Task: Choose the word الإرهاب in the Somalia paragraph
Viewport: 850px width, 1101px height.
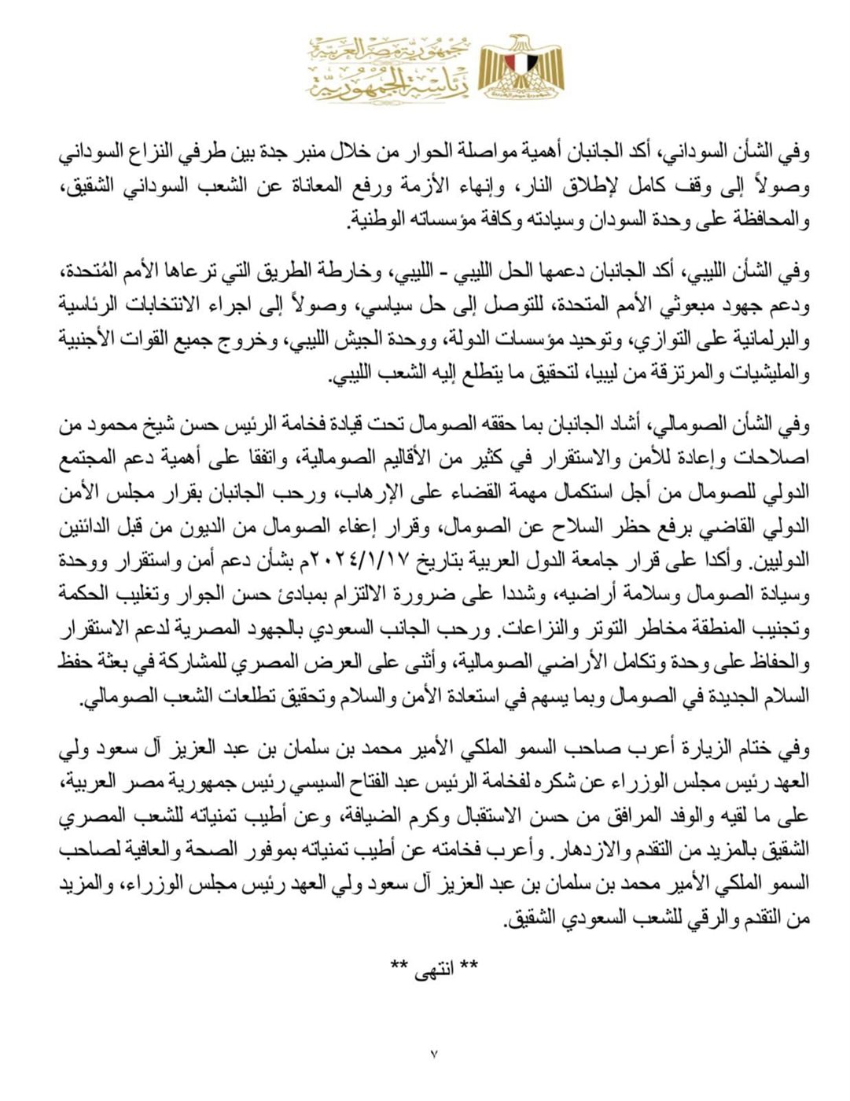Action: pos(365,495)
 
